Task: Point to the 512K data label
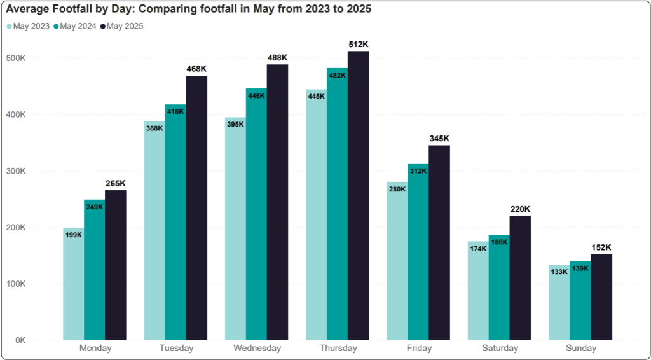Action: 358,45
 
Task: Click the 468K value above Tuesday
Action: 196,69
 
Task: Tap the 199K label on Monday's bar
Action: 74,235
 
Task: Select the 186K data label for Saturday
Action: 499,242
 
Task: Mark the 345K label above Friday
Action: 439,138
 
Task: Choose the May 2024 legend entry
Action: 76,26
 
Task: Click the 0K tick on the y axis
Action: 37,340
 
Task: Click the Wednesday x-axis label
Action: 257,349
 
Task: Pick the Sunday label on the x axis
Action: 581,349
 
